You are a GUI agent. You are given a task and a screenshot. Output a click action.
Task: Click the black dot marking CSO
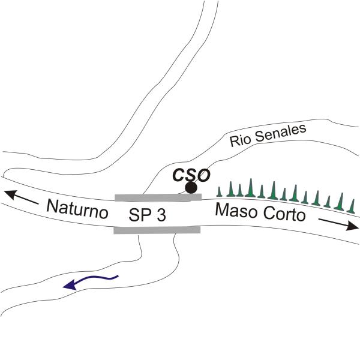tap(191, 188)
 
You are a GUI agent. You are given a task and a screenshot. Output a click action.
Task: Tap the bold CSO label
tap(191, 175)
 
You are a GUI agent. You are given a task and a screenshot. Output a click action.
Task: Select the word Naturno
tap(77, 209)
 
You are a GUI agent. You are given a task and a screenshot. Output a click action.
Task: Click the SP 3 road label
tap(147, 215)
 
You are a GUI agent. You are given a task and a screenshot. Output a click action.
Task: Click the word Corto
tap(284, 215)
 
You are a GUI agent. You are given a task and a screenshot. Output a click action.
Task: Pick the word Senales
tap(281, 133)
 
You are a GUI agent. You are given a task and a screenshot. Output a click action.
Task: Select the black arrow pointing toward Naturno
tap(22, 197)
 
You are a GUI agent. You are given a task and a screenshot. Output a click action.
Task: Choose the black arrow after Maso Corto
tap(338, 224)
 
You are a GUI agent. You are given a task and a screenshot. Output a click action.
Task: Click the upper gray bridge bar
tap(158, 197)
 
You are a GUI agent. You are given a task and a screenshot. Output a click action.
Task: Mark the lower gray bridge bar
tap(157, 230)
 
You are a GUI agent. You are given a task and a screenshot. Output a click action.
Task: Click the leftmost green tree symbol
tap(220, 192)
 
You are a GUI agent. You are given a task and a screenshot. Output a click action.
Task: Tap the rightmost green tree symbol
tap(352, 206)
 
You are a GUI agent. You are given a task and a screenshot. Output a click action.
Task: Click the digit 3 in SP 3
tap(161, 215)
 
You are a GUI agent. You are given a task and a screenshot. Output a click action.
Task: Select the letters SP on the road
tap(139, 215)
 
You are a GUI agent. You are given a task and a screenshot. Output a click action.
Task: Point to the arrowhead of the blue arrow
tap(70, 285)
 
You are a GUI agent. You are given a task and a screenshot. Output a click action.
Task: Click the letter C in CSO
tap(179, 176)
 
